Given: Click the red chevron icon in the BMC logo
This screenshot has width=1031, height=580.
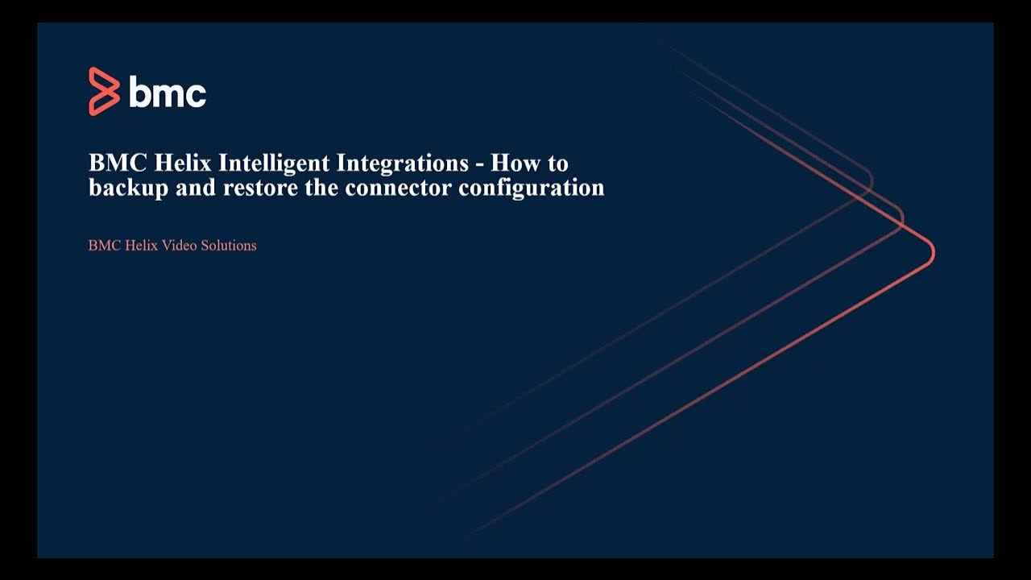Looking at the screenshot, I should coord(103,91).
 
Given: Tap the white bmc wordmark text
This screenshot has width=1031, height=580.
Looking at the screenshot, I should coord(168,93).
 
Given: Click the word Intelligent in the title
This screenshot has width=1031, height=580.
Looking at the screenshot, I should coord(274,164).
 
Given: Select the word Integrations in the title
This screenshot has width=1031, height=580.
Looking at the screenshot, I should coord(402,164).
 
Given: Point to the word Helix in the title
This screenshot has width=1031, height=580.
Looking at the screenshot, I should coord(186,164).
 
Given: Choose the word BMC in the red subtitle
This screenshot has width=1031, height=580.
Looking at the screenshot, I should coord(104,246).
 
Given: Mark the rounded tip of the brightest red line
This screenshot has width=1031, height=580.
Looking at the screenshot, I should coord(931,252).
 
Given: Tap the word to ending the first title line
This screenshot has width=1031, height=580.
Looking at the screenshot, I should coord(558,164).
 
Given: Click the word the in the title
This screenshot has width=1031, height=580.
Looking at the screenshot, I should coord(321,188).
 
